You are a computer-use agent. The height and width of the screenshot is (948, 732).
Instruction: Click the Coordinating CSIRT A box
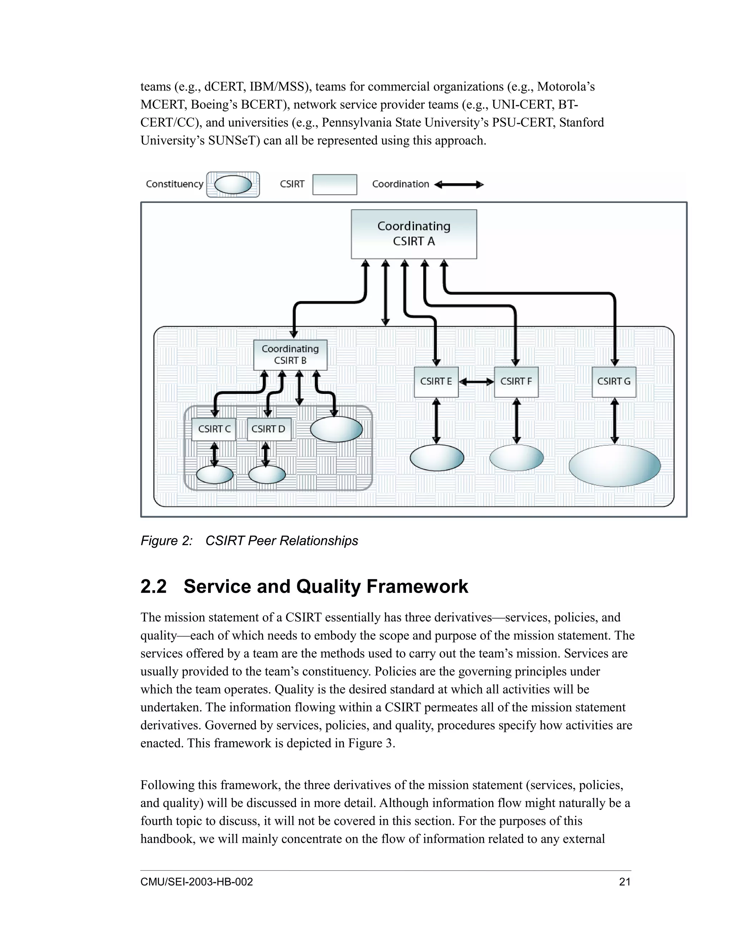[x=414, y=234]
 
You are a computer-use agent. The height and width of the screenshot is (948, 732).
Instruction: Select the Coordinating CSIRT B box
[x=290, y=355]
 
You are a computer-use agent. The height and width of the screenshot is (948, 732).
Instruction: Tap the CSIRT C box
[x=214, y=429]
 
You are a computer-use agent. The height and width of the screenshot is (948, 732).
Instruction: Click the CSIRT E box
[x=436, y=382]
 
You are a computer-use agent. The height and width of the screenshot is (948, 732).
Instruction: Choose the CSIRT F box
[x=516, y=382]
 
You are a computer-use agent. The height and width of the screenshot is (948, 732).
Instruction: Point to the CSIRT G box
[x=614, y=382]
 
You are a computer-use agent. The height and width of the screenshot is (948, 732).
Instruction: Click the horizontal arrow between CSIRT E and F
[x=476, y=382]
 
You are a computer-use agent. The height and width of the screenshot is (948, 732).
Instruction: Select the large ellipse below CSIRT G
[x=614, y=465]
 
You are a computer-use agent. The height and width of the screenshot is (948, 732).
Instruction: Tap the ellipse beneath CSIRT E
[x=437, y=458]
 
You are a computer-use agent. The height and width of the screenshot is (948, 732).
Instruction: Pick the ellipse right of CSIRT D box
[x=336, y=429]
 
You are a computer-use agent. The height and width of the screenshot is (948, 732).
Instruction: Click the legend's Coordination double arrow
[x=459, y=185]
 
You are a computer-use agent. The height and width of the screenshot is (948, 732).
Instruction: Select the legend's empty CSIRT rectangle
[x=334, y=185]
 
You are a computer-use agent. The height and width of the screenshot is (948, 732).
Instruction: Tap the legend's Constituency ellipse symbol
[x=233, y=185]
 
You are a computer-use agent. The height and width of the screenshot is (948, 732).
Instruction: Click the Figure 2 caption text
[x=249, y=541]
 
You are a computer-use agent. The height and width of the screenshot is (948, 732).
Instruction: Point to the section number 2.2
[x=153, y=586]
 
